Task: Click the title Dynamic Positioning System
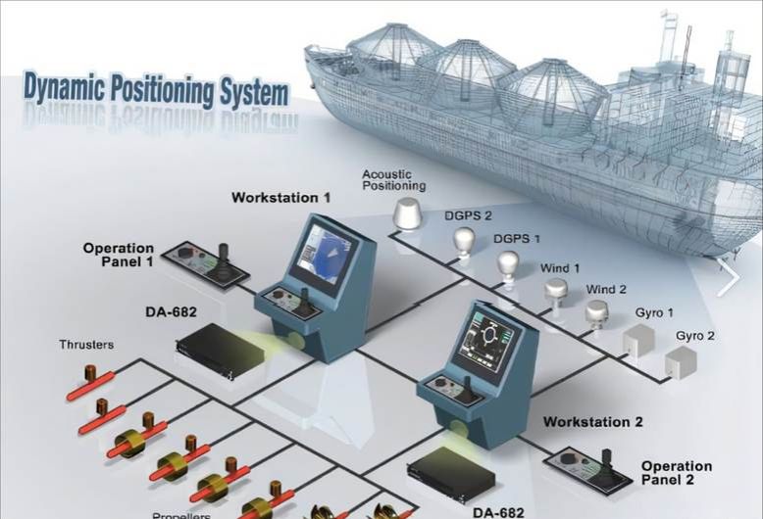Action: pyautogui.click(x=156, y=89)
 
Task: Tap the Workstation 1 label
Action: pyautogui.click(x=280, y=198)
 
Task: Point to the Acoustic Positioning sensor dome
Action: pyautogui.click(x=405, y=214)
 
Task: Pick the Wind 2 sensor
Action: pyautogui.click(x=597, y=313)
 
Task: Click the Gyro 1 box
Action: pyautogui.click(x=638, y=339)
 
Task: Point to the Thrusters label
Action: pyautogui.click(x=86, y=345)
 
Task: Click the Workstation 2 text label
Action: pyautogui.click(x=593, y=422)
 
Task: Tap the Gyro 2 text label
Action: pyautogui.click(x=695, y=336)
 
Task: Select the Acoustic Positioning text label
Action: pyautogui.click(x=393, y=180)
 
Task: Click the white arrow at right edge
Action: pyautogui.click(x=730, y=277)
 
